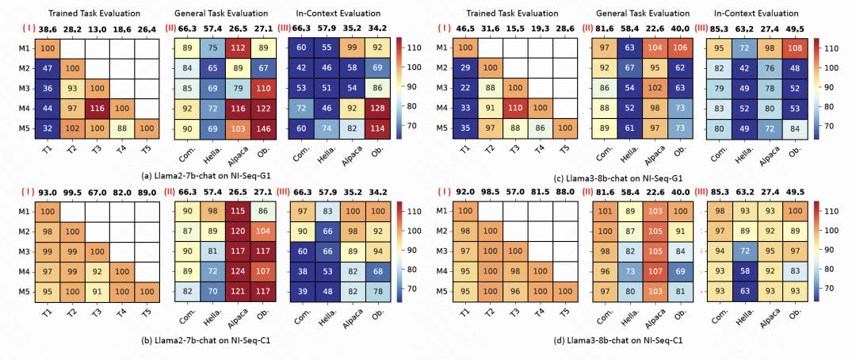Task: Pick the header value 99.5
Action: click(77, 205)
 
